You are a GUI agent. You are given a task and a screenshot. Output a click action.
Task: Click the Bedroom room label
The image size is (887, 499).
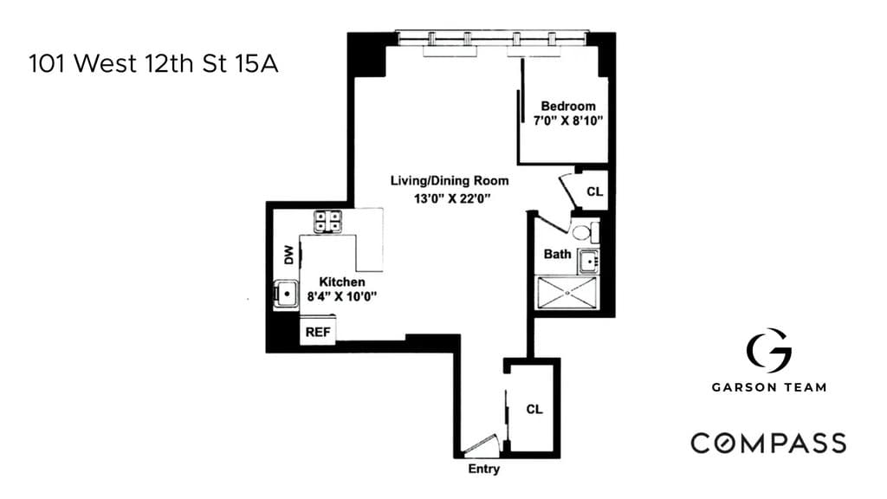point(568,106)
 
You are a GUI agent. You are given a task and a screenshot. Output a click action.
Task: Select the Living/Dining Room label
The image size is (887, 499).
point(450,181)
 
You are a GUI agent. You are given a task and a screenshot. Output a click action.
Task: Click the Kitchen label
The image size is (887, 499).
point(342,282)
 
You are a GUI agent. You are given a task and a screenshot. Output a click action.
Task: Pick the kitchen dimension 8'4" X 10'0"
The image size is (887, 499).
point(342,296)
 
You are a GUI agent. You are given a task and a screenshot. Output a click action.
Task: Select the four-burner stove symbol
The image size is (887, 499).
point(328,221)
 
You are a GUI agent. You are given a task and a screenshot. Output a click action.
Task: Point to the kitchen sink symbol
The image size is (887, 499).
point(285,295)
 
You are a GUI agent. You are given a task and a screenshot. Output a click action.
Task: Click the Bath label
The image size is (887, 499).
point(557,254)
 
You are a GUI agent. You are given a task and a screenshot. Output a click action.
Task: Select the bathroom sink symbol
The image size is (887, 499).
point(590,259)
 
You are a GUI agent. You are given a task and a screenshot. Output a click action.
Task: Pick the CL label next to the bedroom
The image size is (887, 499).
point(594,191)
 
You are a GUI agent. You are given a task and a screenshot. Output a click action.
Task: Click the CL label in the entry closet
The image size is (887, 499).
point(534,409)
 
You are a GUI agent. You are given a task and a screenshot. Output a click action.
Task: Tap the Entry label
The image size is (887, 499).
point(483,470)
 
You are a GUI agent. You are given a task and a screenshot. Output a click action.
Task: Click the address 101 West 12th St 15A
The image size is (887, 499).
point(153,64)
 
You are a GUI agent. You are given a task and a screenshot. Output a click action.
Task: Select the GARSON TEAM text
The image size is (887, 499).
point(768,387)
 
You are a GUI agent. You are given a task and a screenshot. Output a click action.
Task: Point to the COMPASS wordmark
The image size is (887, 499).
point(768,443)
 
